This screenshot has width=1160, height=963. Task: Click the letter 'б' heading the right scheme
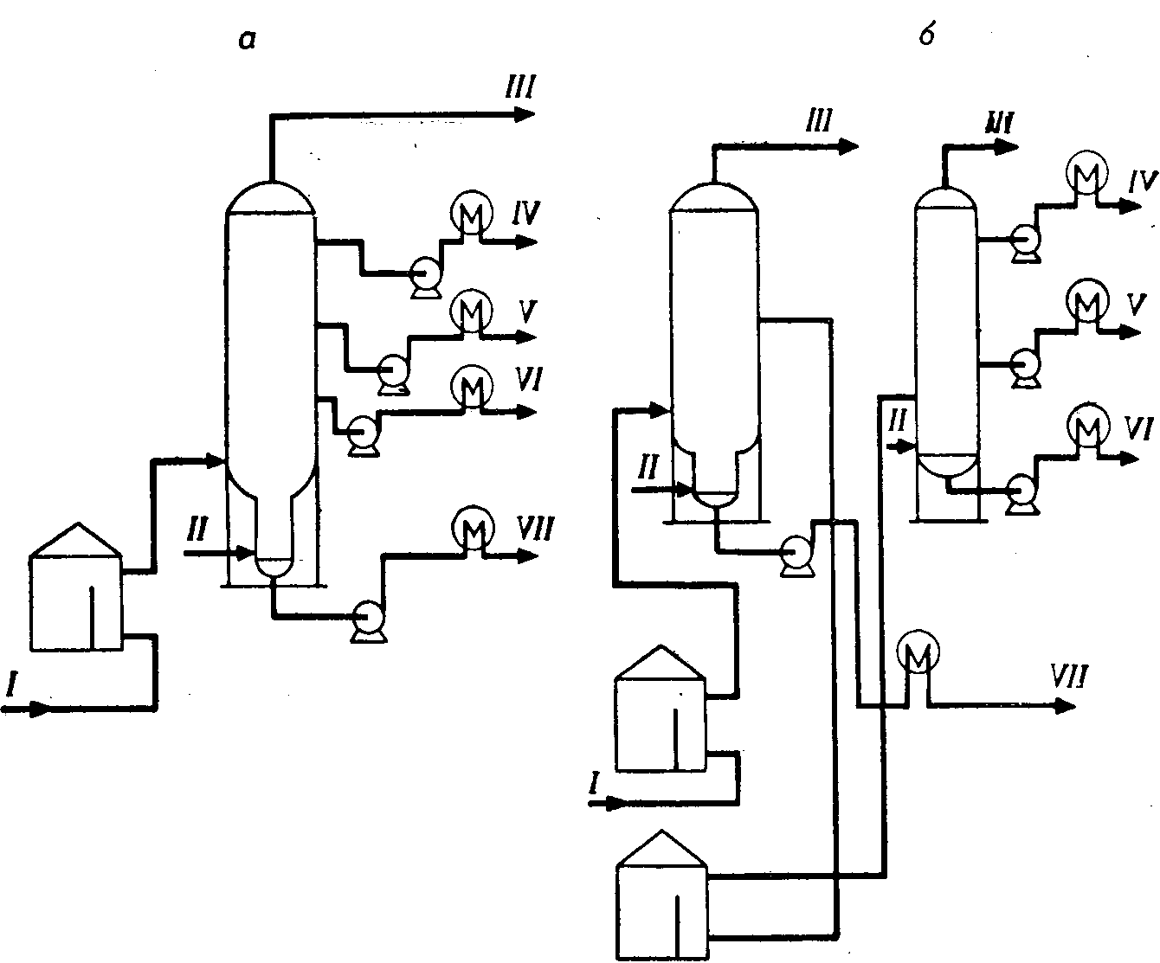click(x=927, y=37)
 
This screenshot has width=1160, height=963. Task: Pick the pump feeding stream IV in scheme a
click(x=425, y=277)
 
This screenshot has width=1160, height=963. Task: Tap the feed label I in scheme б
click(x=594, y=783)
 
